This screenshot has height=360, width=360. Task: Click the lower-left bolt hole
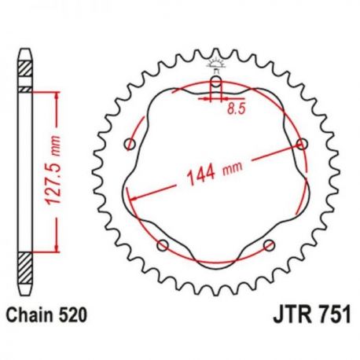coord(163,244)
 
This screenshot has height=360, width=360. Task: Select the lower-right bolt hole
coord(270,244)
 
